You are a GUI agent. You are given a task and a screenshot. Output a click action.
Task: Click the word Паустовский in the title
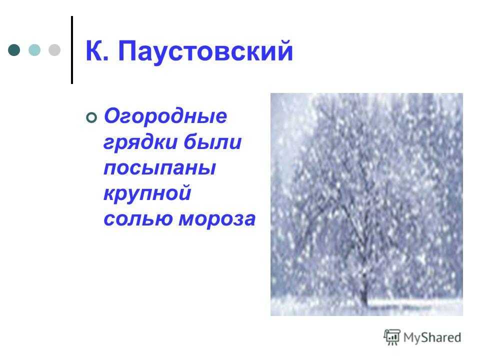(x=205, y=51)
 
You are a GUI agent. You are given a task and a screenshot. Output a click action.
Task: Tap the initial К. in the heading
(x=96, y=50)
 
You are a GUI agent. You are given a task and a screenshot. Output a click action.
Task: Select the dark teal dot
(x=14, y=50)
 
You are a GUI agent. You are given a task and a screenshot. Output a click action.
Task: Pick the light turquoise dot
(x=34, y=50)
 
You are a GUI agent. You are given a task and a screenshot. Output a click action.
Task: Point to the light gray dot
(x=54, y=50)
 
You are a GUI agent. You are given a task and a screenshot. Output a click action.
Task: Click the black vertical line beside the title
(x=72, y=50)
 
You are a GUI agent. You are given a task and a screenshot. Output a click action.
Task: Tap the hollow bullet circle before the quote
(x=91, y=117)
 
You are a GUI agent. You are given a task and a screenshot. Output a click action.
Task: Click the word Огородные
(x=165, y=116)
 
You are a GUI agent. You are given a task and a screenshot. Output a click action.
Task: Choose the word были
(x=213, y=141)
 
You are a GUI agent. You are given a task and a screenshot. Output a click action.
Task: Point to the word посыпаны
(x=160, y=168)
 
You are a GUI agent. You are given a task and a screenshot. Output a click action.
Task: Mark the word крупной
(x=147, y=194)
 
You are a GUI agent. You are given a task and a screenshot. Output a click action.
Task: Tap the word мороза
(x=217, y=219)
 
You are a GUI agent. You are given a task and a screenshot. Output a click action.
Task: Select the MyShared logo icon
(x=392, y=337)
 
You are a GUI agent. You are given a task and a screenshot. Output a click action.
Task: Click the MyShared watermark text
(x=432, y=338)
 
